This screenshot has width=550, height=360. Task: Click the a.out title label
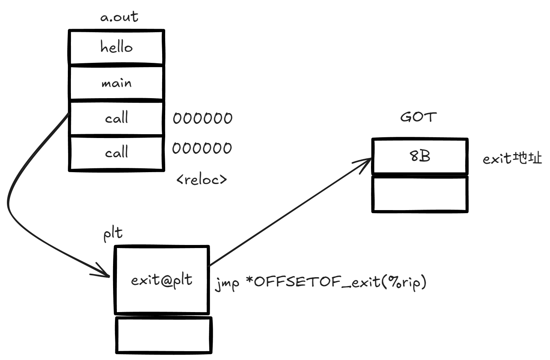tap(119, 17)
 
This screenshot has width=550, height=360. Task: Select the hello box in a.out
tap(117, 47)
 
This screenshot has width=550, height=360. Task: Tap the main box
tap(117, 83)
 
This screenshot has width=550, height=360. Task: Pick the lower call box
tap(117, 153)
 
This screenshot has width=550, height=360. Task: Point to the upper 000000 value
tap(202, 118)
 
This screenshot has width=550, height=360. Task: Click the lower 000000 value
tap(202, 148)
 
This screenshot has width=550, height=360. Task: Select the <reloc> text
tap(202, 179)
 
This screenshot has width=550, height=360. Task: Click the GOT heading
tap(418, 117)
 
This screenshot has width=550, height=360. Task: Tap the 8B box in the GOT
tap(420, 156)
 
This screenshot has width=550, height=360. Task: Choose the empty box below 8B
tap(420, 194)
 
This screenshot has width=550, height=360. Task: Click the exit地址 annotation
tap(512, 158)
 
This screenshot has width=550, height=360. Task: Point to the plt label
tap(113, 233)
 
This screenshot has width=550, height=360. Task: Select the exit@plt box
tap(162, 280)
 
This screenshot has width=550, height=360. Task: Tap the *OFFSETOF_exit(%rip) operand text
tap(336, 282)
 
